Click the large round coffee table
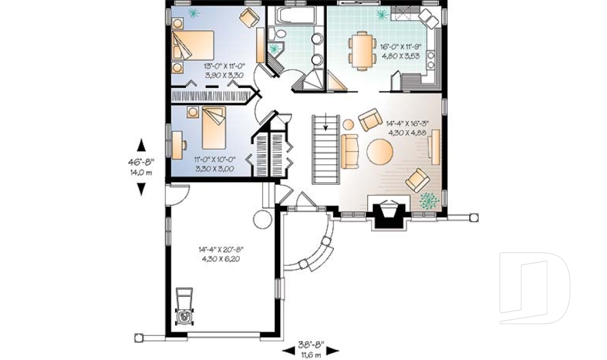point(380,152)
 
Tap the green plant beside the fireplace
point(430,200)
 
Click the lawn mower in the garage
point(184,307)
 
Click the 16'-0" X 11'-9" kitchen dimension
point(402,47)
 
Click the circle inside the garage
point(262,220)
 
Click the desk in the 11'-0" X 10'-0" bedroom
point(175,143)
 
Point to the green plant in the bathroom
point(274,48)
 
